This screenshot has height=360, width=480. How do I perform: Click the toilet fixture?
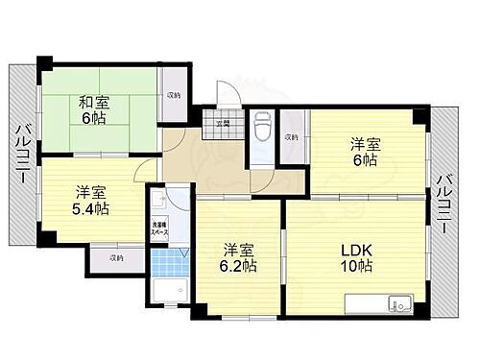click(263, 125)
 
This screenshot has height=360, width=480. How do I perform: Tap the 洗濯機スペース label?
click(158, 229)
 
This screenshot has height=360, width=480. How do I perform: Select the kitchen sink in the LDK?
click(397, 305)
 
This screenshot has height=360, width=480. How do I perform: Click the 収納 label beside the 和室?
click(173, 95)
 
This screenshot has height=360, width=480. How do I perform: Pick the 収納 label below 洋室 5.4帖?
click(116, 257)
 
